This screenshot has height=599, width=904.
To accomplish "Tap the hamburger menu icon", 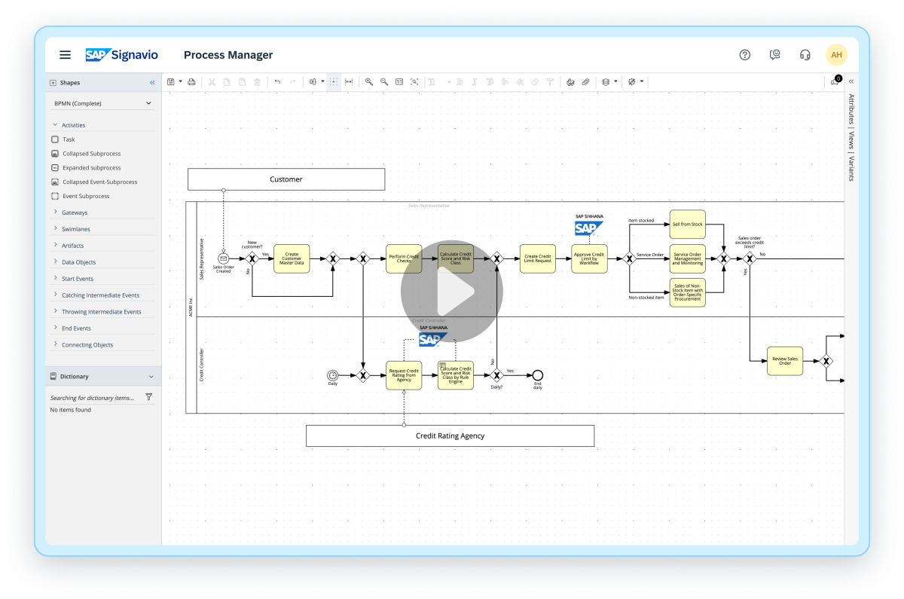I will tap(66, 55).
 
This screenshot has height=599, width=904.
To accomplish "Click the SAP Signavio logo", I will tap(121, 55).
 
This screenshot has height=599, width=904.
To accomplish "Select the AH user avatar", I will tap(836, 55).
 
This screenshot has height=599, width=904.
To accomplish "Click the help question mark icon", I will tap(745, 55).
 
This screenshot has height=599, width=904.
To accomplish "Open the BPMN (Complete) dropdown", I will tap(103, 103).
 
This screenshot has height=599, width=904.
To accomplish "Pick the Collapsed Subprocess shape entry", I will tap(91, 154).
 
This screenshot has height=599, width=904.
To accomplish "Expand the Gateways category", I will tap(75, 212).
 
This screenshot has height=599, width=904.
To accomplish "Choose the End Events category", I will tap(76, 329).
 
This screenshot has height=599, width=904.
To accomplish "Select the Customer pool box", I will tap(286, 179).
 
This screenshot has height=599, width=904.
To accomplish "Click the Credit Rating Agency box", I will tap(450, 435).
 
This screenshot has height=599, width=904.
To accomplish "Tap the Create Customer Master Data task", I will tap(292, 258).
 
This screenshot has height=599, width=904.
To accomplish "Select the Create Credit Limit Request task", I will tap(538, 258).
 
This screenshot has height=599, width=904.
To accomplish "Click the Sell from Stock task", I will tap(687, 225).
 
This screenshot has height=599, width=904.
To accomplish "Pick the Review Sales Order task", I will tap(785, 361).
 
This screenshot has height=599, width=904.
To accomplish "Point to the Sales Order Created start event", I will tap(223, 258).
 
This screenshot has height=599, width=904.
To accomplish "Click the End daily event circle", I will tap(537, 375).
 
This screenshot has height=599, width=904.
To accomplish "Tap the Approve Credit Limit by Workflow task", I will tap(589, 258).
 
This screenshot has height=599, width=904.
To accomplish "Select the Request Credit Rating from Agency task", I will tap(404, 375).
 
